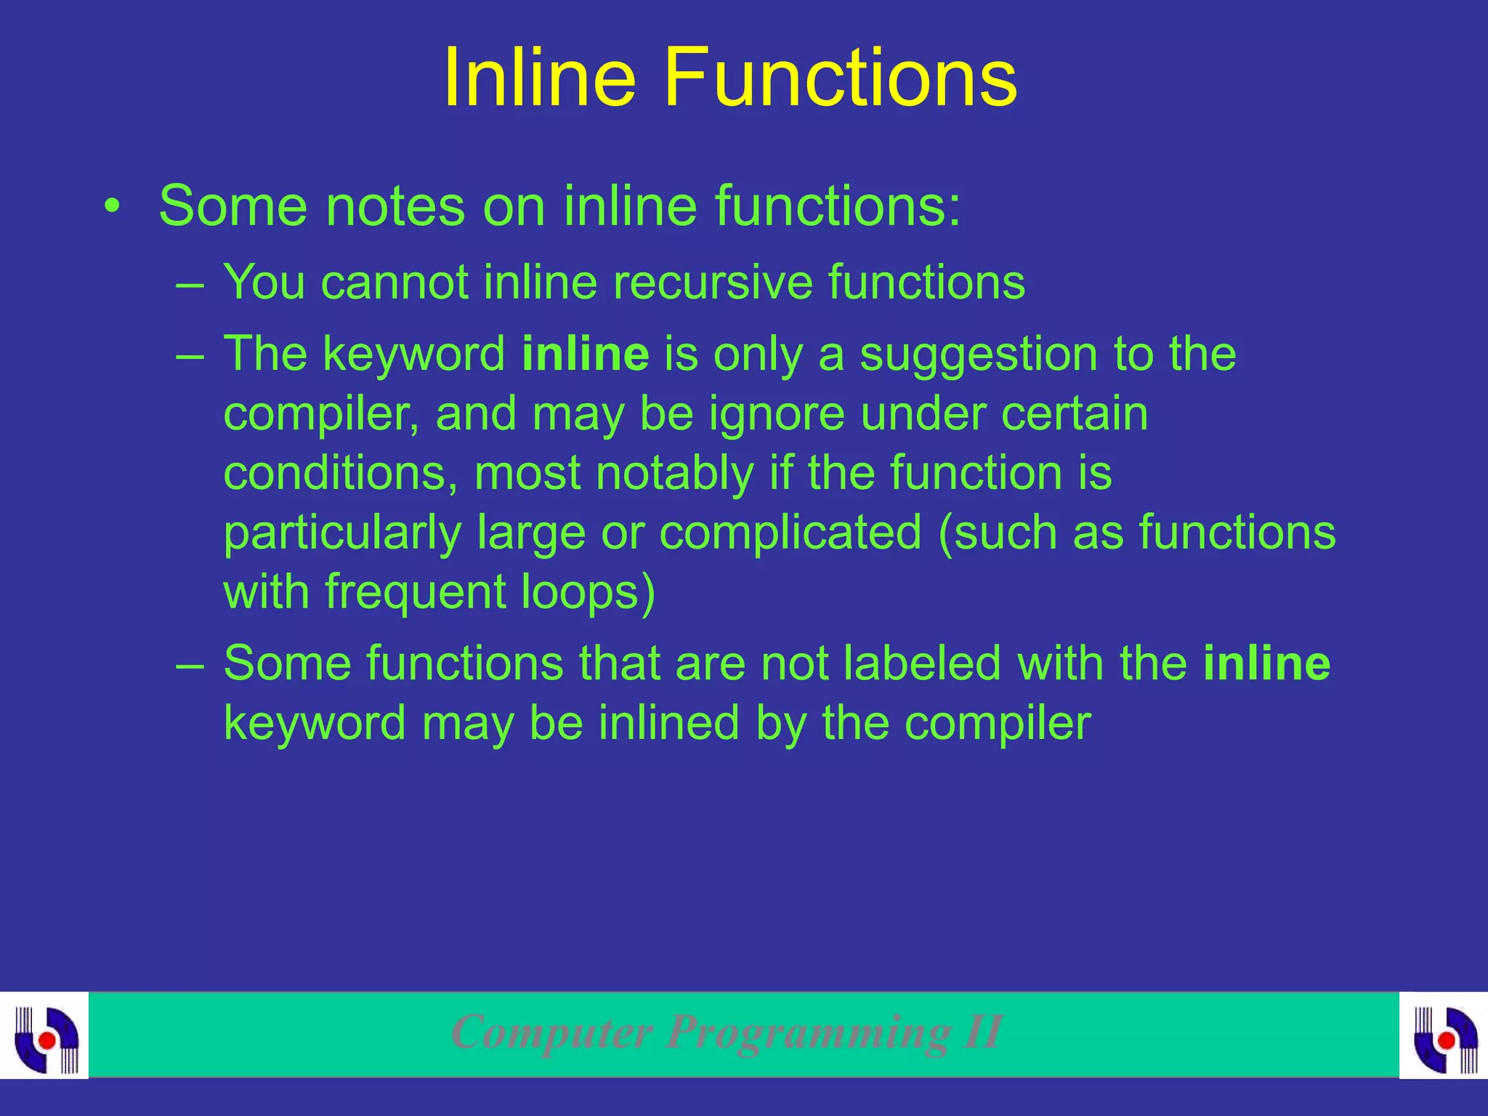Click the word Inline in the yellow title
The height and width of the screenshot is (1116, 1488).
point(540,78)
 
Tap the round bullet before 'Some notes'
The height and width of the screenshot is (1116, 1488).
point(111,206)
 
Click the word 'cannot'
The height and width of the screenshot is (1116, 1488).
point(395,282)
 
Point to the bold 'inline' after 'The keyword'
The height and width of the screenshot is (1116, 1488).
point(585,354)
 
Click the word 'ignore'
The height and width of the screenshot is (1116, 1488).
point(777,415)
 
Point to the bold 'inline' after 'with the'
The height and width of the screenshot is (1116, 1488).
point(1266,663)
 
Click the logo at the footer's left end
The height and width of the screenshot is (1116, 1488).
point(45,1035)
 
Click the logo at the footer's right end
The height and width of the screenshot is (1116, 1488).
point(1444,1035)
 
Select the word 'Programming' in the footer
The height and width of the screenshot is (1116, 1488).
point(808,1032)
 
